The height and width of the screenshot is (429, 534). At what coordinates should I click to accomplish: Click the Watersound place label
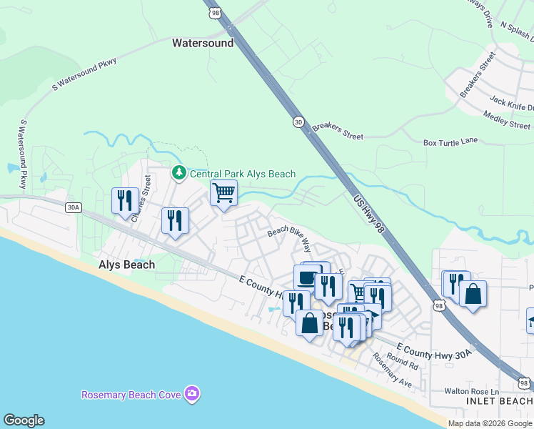tap(203, 43)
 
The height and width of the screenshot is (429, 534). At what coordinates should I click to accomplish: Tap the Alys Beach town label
tap(126, 265)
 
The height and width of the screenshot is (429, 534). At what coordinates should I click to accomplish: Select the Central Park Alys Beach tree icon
tap(178, 174)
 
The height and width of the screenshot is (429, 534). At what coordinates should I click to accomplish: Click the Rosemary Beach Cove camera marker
tap(191, 393)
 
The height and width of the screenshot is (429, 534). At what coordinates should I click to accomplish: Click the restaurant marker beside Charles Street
tap(125, 200)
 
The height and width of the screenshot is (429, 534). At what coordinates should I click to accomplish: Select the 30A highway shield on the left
tap(73, 207)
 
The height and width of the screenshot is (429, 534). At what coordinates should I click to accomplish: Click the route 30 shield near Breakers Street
tap(297, 123)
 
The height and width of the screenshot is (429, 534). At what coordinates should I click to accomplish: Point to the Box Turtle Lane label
tap(450, 142)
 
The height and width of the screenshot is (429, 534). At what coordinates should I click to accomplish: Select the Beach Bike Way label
tap(290, 239)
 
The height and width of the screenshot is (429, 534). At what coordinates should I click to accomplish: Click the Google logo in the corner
tap(24, 420)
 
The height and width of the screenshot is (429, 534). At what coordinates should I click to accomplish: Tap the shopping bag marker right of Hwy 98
tap(473, 293)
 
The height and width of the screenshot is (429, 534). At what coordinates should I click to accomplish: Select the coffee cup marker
tap(308, 276)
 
